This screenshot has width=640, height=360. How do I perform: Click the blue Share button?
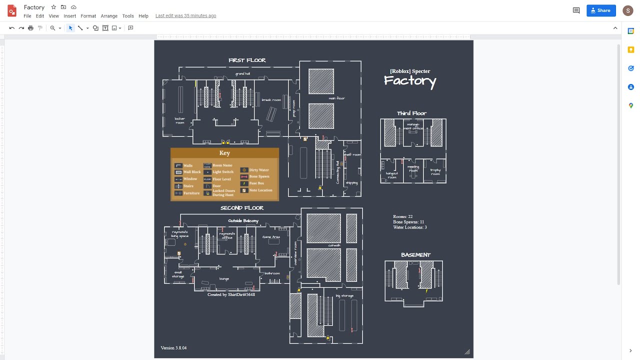600,10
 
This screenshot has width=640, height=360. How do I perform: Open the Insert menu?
69,16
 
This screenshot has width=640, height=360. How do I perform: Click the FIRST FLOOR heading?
247,60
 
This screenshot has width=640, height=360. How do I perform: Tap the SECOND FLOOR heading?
242,208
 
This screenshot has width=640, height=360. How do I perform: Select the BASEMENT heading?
415,255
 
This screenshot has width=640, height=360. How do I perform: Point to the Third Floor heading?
411,113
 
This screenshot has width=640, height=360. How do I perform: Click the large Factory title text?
410,81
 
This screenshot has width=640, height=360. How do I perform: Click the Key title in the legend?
224,153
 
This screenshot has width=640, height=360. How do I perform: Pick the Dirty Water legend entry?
259,170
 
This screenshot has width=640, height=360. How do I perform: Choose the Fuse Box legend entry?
256,183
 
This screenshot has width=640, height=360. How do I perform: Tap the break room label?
271,100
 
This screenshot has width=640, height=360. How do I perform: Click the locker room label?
179,120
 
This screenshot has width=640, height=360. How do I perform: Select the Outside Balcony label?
243,221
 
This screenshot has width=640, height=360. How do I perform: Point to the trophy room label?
435,172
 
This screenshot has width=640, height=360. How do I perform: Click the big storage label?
344,296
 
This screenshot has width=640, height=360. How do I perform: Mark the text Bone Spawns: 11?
408,222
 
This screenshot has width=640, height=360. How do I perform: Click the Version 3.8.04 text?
173,348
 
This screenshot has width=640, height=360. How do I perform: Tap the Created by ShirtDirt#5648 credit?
231,295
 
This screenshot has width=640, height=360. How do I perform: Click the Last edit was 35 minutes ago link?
185,16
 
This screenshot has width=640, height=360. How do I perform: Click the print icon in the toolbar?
30,28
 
